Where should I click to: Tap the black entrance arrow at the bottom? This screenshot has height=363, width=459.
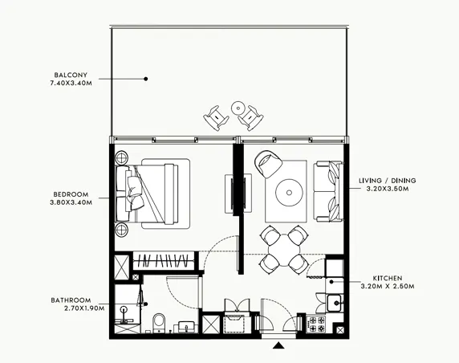(x=278, y=346)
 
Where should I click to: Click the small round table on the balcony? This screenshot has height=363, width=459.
(x=238, y=107)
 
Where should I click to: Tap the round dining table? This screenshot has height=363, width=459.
(x=284, y=248)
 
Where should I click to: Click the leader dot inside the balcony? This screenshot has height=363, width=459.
(x=146, y=79)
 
